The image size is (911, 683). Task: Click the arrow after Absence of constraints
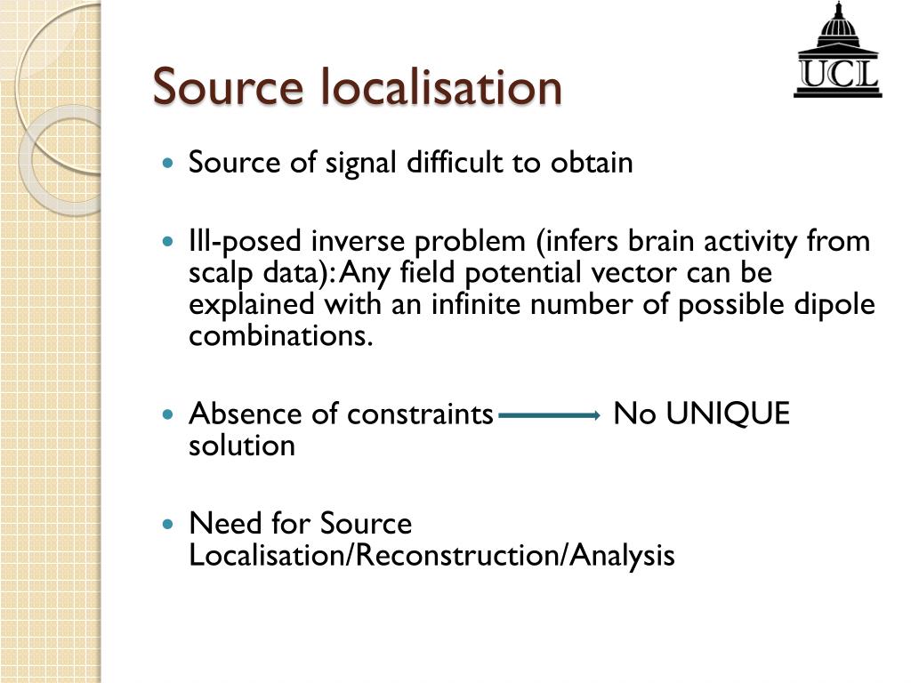click(550, 415)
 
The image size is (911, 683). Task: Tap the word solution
click(241, 446)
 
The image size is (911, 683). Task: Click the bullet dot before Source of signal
click(169, 165)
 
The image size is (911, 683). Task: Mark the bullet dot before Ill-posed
click(169, 242)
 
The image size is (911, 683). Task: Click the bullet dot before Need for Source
click(169, 525)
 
